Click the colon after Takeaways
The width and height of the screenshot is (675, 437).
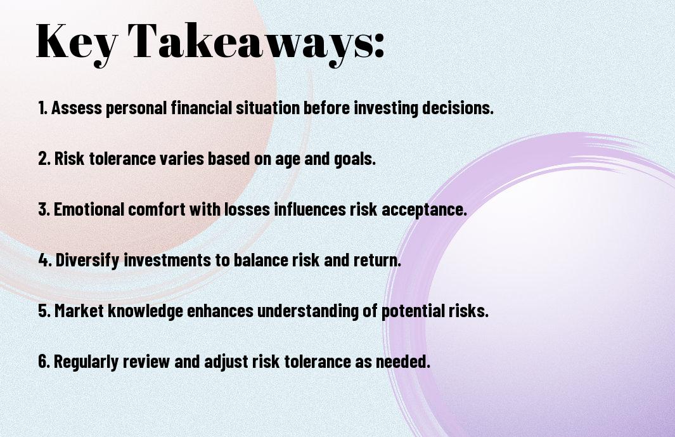[x=378, y=46]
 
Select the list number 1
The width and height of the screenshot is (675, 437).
[x=42, y=108]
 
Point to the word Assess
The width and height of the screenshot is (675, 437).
[x=77, y=108]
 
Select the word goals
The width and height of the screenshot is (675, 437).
[x=355, y=159]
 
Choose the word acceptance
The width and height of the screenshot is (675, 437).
[x=424, y=211]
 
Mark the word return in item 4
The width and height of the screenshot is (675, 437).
[x=377, y=261]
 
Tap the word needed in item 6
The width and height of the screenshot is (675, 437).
[x=403, y=361]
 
